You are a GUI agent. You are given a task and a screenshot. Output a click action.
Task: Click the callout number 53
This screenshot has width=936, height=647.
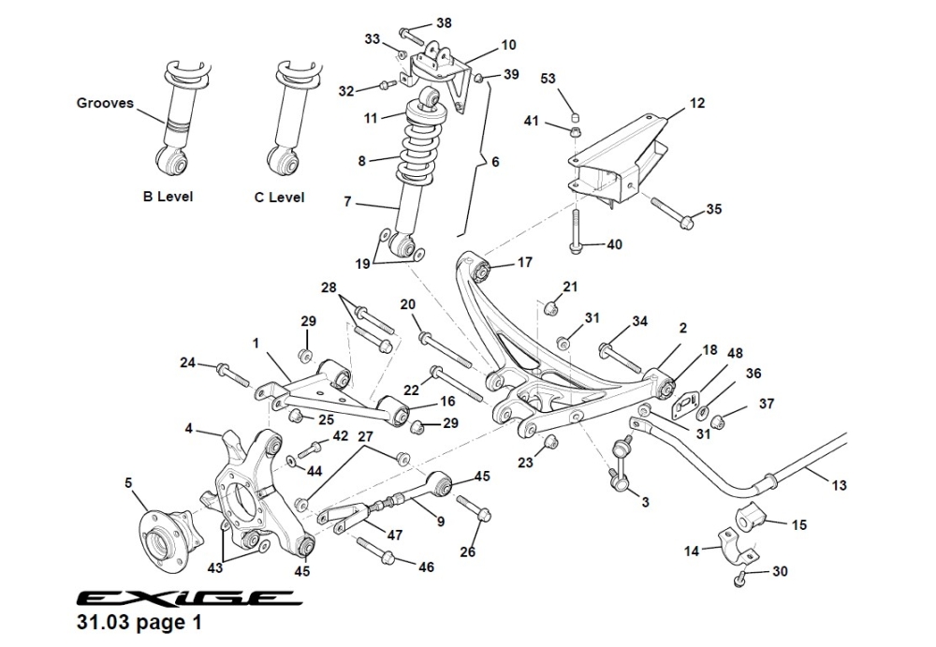(x=548, y=78)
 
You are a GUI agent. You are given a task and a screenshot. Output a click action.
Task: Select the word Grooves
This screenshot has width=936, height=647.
(x=105, y=103)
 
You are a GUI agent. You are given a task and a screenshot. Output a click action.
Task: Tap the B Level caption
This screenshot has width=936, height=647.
(x=168, y=198)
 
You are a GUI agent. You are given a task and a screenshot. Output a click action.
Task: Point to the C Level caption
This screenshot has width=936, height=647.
(x=279, y=198)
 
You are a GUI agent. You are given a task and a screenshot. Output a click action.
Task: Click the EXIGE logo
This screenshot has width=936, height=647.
(x=188, y=598)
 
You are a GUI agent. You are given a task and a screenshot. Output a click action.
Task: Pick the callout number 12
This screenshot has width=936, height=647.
(x=698, y=104)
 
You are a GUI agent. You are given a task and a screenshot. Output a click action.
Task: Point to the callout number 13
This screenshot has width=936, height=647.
(x=839, y=485)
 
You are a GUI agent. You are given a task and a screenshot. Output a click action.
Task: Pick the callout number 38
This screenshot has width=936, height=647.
(x=444, y=23)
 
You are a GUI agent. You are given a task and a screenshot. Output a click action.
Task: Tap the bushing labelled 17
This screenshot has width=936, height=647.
(x=483, y=271)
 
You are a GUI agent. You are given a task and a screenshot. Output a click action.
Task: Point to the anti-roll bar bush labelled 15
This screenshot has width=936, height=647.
(x=753, y=519)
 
